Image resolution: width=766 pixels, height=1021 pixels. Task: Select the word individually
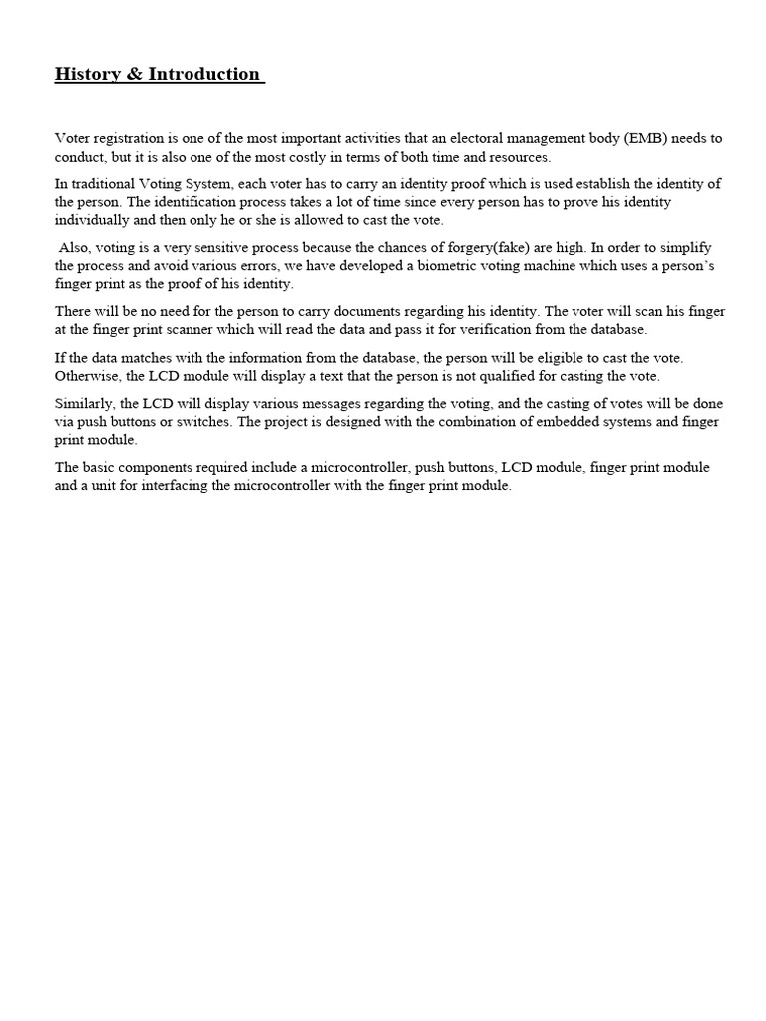tap(93, 220)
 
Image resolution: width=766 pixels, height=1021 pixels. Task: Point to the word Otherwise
tap(87, 375)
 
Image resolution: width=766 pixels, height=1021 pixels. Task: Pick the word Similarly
tap(84, 403)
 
